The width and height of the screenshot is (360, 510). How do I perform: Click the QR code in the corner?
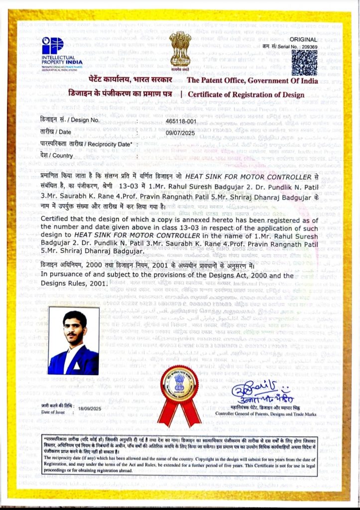coord(304,63)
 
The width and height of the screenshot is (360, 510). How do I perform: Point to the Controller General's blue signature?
coord(261,391)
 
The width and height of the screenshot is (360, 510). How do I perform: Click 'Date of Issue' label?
coord(53,412)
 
